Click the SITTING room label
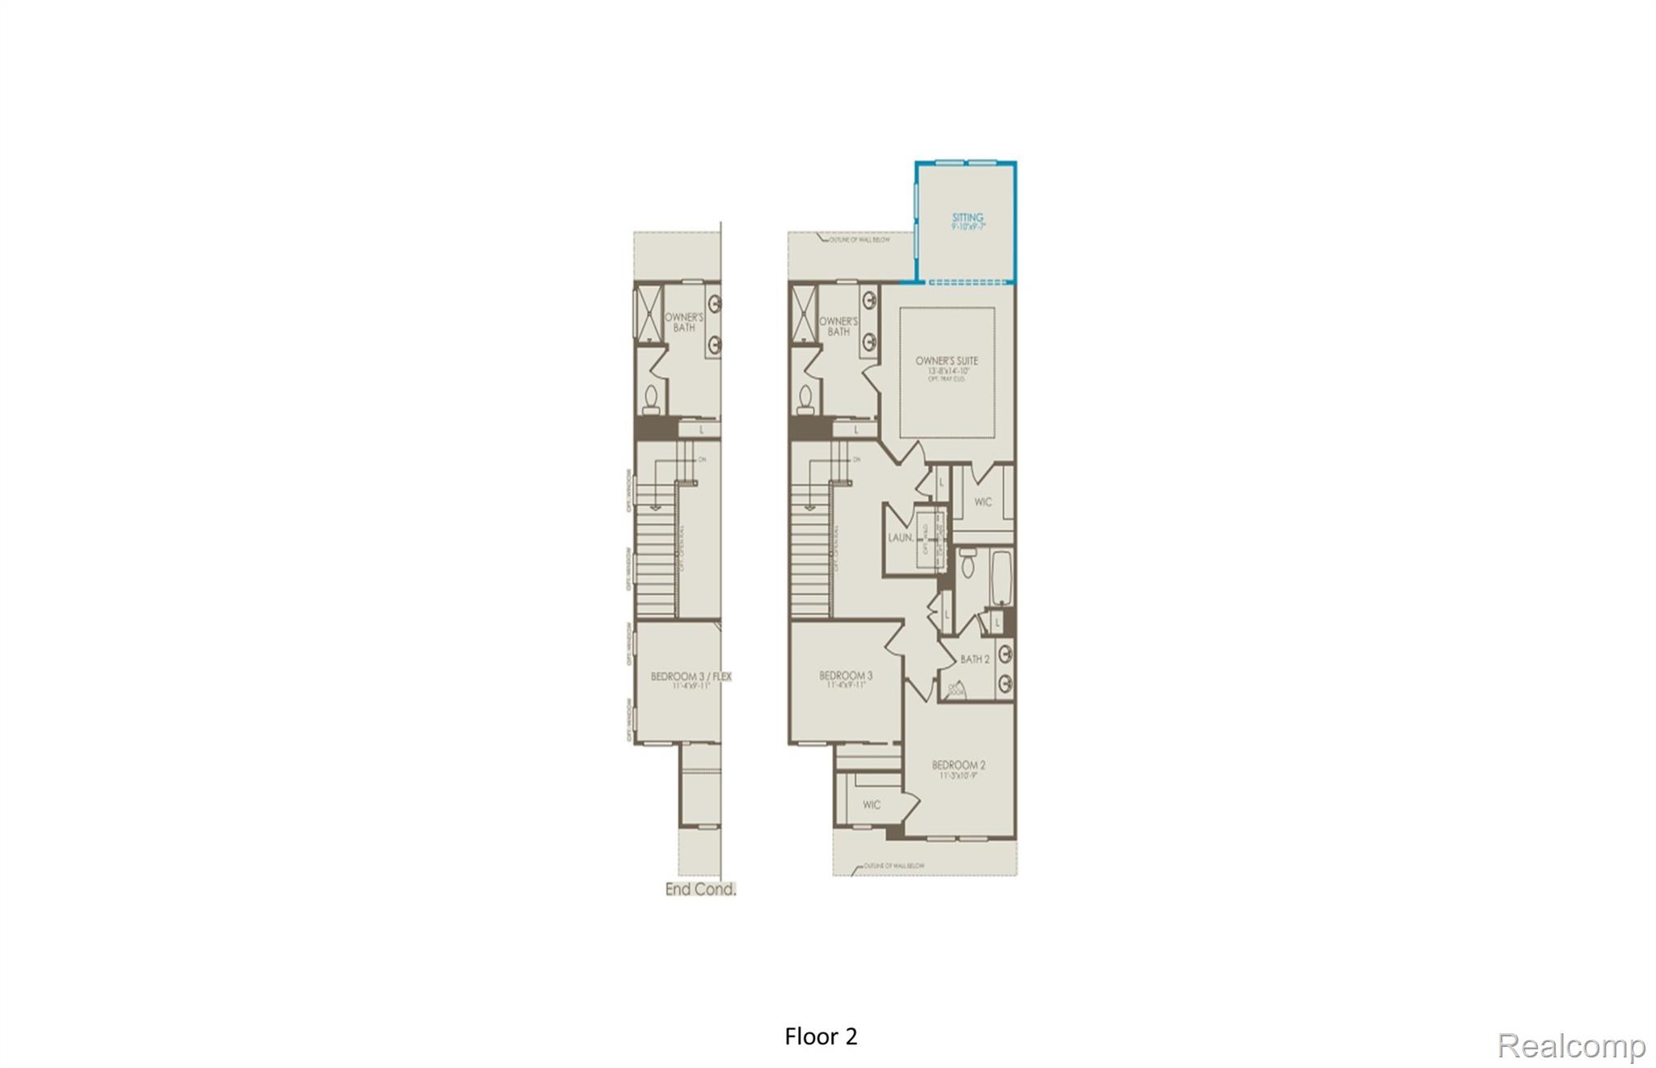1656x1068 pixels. pos(967,217)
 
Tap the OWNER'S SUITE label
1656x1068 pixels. pos(946,361)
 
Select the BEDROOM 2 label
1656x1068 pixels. pos(958,765)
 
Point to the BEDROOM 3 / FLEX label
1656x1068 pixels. pos(691,677)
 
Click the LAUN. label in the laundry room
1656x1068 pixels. pos(900,538)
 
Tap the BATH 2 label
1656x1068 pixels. pos(974,660)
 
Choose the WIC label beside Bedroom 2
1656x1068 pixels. pos(871,805)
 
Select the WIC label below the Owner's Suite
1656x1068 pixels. pos(982,502)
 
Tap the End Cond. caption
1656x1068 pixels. pos(700,889)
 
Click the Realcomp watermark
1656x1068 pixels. pos(1570,1046)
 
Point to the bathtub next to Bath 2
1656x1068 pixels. pos(1001,577)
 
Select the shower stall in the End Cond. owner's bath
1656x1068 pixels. pos(648,311)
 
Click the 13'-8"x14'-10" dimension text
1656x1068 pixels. pos(946,371)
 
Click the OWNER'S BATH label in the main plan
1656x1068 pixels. pos(839,326)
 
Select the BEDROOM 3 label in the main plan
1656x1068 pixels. pos(846,676)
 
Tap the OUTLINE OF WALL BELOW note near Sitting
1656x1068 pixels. pos(859,240)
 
